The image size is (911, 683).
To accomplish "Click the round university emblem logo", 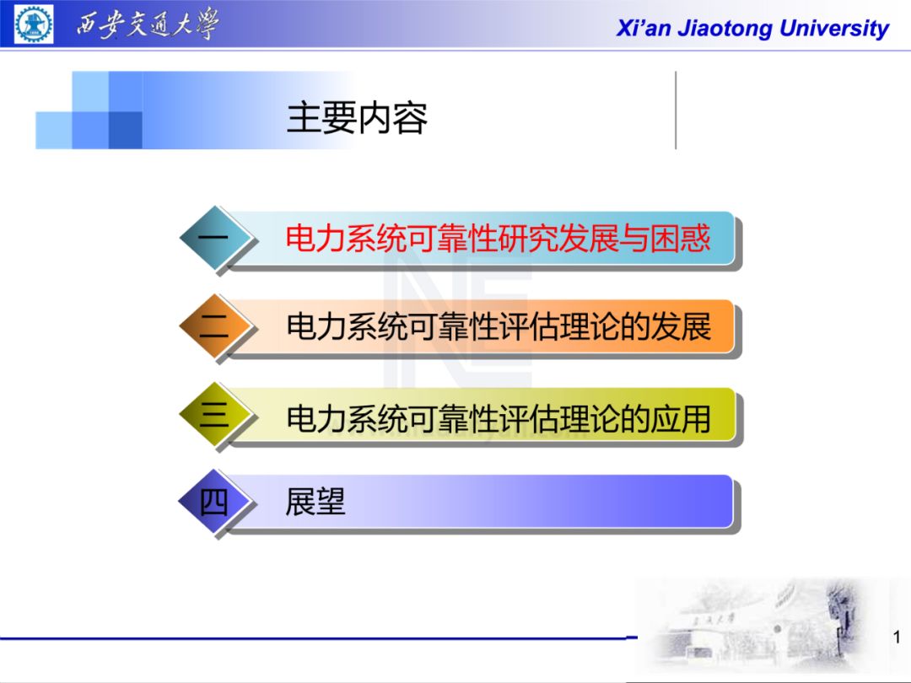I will (34, 24).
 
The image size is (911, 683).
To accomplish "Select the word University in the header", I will (834, 29).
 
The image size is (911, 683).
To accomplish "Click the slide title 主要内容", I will (357, 118).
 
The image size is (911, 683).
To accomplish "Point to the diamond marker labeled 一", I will (214, 239).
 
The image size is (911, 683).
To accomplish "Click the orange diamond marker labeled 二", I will (214, 327).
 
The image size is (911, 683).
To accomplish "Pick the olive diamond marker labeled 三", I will (214, 416).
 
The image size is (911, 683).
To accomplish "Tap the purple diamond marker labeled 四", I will (214, 503).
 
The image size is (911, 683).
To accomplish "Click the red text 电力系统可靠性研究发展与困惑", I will (498, 239).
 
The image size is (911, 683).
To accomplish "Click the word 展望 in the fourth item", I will (315, 503).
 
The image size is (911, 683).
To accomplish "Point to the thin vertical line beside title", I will (676, 110).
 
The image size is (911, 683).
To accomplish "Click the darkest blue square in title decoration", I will (125, 130).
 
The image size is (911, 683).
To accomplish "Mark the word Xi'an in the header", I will (644, 29).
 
